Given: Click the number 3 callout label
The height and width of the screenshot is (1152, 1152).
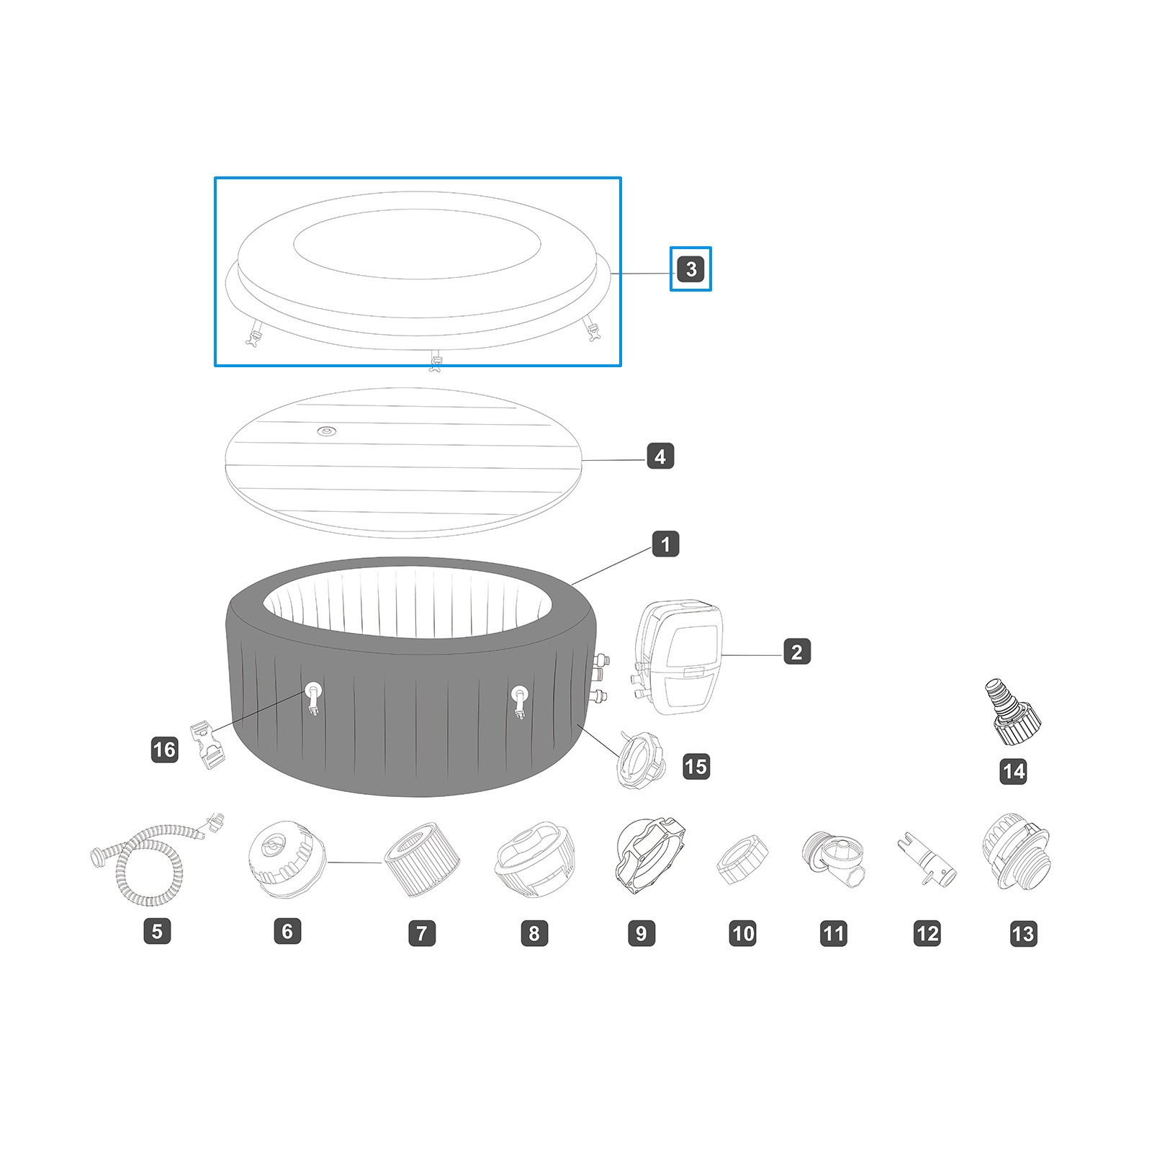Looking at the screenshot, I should [x=691, y=269].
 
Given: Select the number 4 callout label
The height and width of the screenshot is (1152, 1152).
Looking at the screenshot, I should [x=660, y=456].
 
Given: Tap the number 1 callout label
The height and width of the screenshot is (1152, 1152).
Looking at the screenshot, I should [x=665, y=544].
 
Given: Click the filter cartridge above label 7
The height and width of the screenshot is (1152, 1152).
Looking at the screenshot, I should [x=422, y=859].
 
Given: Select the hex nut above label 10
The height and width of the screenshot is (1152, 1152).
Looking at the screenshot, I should [x=742, y=860].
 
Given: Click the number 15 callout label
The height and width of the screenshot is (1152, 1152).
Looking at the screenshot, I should [x=696, y=767].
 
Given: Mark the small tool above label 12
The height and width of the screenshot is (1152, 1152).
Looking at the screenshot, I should [x=927, y=860].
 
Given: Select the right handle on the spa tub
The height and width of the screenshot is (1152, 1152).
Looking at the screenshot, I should [x=519, y=700].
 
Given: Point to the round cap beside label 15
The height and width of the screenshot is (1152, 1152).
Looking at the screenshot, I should [x=640, y=760].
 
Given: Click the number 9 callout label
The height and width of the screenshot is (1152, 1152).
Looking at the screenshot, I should [x=641, y=934].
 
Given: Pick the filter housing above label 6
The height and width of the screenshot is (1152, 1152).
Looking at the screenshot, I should [x=286, y=858].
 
